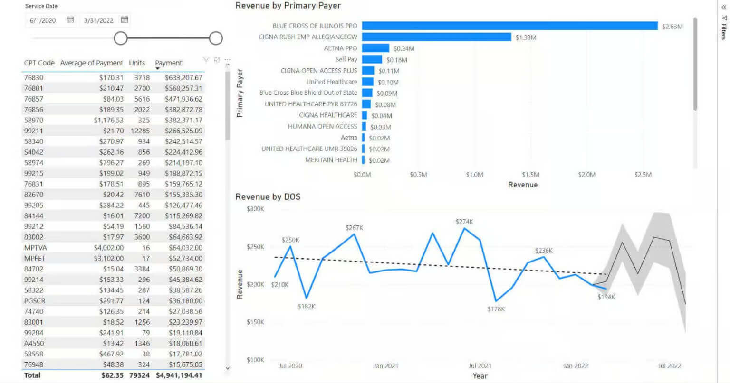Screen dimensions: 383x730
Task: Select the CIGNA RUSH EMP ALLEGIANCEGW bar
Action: (436, 37)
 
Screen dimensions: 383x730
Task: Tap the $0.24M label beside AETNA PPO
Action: (403, 48)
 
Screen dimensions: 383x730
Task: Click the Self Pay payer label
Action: (346, 59)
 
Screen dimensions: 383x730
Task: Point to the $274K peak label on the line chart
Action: (464, 222)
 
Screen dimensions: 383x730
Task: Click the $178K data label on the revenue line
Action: (496, 309)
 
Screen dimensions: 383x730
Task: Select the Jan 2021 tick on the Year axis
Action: (385, 366)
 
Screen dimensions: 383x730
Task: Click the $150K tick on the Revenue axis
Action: (255, 322)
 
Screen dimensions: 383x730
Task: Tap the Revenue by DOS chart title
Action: (268, 196)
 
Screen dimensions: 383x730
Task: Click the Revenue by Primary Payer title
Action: (288, 6)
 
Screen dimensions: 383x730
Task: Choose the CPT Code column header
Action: (39, 63)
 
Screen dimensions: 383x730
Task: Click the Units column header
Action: (137, 63)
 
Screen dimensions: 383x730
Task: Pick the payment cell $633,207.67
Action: (183, 77)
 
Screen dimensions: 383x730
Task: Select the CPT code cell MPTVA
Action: (36, 248)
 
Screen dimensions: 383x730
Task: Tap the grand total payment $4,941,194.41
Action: (178, 375)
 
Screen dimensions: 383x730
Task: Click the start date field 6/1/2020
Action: (43, 20)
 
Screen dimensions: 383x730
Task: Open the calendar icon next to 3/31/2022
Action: (125, 20)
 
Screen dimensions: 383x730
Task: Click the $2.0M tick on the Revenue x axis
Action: (586, 175)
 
